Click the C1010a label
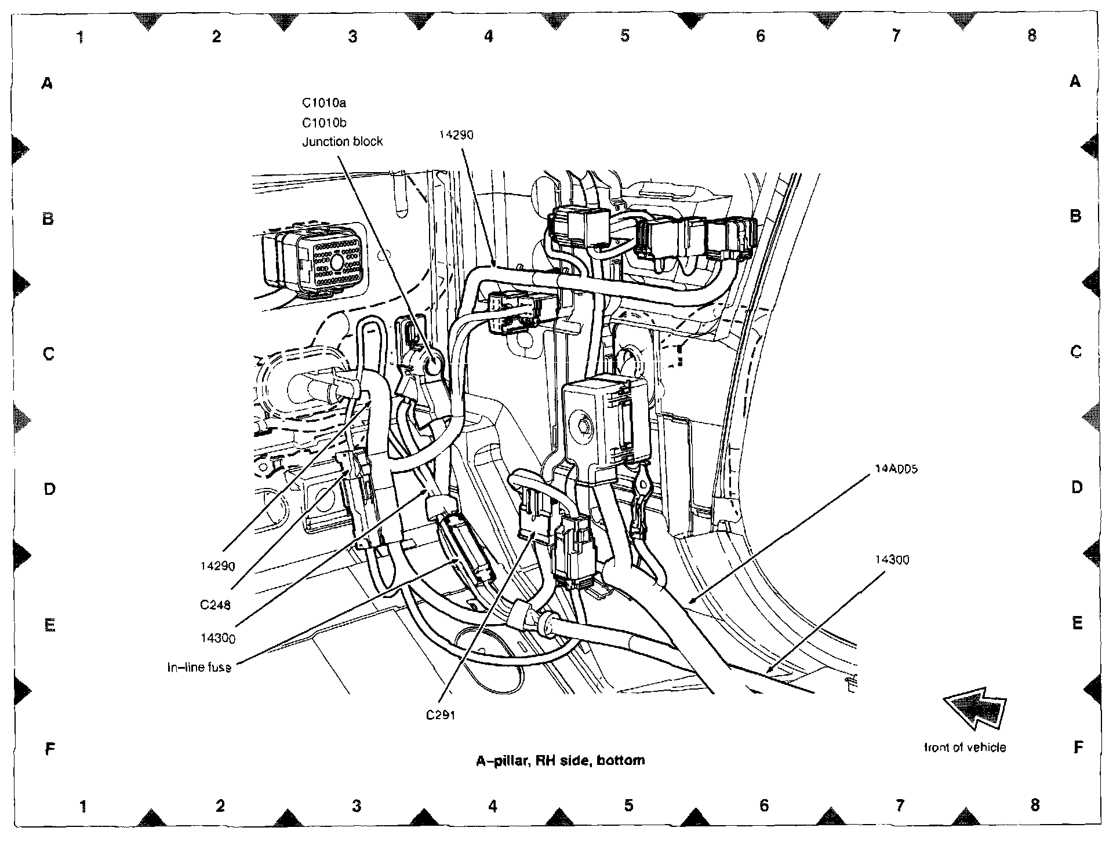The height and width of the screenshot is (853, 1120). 323,103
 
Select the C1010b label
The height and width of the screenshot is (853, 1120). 323,123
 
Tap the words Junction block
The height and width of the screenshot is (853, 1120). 342,142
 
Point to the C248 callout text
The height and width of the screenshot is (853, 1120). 215,605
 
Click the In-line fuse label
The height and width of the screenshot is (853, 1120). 199,668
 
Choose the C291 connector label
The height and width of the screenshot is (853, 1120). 441,715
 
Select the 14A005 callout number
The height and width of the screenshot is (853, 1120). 896,469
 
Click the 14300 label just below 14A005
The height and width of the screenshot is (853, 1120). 892,560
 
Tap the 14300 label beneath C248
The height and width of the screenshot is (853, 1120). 217,638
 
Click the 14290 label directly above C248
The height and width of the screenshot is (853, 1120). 217,566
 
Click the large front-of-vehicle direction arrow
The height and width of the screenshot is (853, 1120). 976,707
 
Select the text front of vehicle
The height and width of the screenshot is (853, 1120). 965,748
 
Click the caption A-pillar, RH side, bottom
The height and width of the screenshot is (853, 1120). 560,760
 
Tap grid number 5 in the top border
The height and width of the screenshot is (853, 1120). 624,36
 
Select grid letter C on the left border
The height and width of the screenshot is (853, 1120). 49,353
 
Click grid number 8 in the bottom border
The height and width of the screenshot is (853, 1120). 1035,805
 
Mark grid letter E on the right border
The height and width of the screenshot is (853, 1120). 1077,623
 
